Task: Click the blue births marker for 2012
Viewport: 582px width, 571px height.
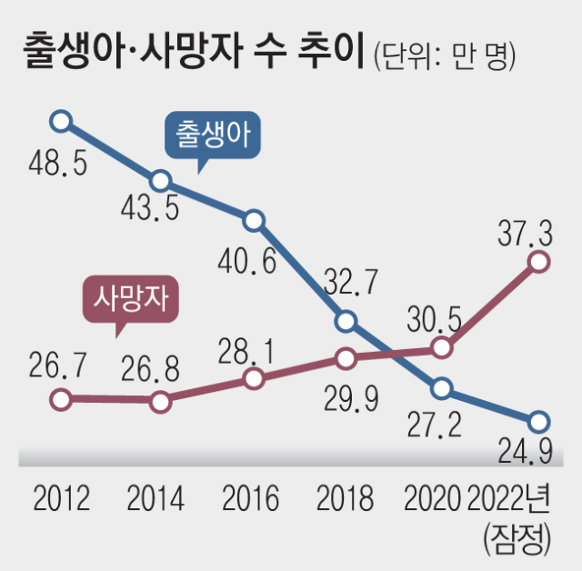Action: click(60, 121)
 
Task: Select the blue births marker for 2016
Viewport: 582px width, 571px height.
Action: click(255, 220)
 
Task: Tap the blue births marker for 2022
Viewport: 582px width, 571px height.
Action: click(538, 421)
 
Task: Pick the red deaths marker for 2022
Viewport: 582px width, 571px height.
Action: click(538, 262)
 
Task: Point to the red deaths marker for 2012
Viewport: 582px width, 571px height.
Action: click(60, 398)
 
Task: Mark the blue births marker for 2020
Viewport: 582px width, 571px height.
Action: click(442, 388)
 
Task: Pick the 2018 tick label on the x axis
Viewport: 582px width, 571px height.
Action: click(345, 498)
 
